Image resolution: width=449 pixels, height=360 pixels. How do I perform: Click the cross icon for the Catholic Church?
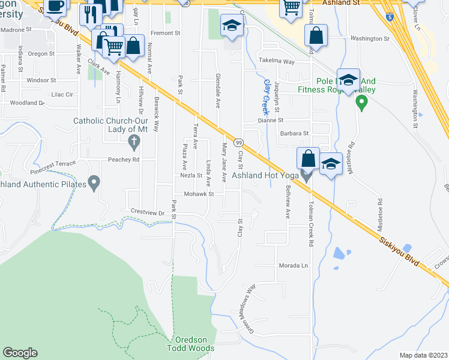tap(134, 142)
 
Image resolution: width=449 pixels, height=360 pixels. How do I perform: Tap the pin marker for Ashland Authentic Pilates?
tap(94, 182)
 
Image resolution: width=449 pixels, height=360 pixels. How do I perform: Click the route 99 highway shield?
tap(238, 142)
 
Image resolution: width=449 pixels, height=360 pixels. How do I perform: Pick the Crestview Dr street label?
tap(148, 212)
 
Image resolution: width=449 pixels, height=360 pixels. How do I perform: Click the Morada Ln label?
tap(292, 265)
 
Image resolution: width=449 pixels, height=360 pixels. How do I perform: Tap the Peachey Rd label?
tap(124, 160)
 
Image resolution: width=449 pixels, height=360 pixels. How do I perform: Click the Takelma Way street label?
tap(276, 61)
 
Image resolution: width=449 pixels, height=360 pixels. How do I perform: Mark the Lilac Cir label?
tap(62, 94)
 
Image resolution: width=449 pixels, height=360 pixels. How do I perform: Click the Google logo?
tap(20, 353)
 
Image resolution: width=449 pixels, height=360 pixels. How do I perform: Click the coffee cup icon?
tap(56, 6)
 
